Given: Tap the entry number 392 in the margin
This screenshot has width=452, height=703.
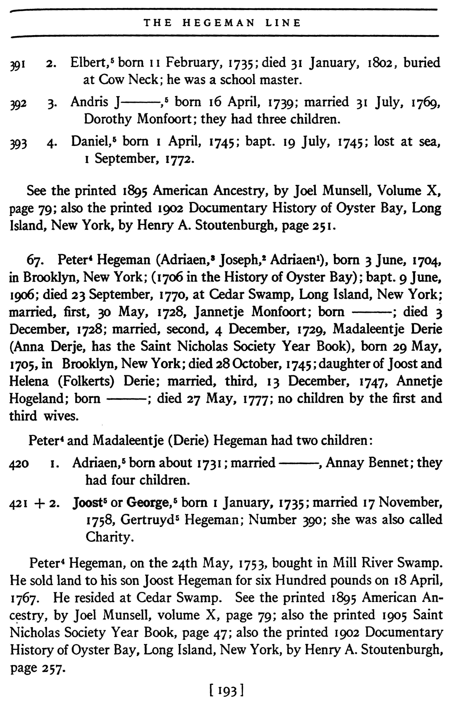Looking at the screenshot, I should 18,104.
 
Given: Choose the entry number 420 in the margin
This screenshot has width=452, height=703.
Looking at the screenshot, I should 19,463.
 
